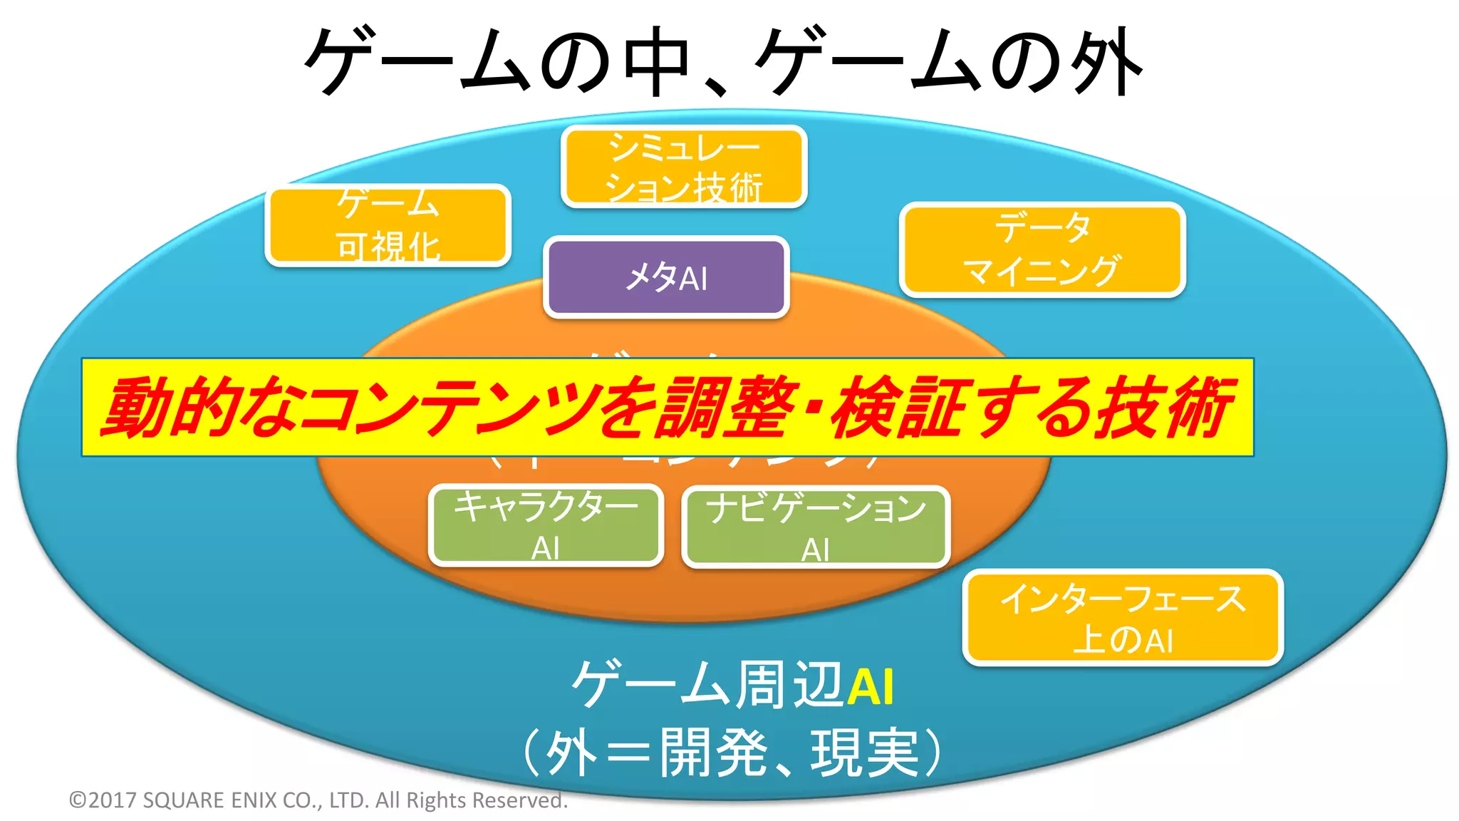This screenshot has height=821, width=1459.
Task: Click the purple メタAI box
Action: [x=666, y=277]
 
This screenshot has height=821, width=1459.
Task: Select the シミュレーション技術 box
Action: [x=684, y=167]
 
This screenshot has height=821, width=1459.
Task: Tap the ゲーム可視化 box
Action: [x=388, y=225]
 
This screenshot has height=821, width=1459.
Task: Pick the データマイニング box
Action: [x=1042, y=249]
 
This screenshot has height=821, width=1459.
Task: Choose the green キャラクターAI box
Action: [x=546, y=526]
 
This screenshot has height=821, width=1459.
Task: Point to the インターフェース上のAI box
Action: [x=1122, y=617]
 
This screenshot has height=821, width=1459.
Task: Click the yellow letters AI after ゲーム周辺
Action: [x=870, y=687]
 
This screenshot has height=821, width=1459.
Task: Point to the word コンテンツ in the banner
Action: [x=449, y=408]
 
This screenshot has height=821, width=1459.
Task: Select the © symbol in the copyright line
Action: [x=77, y=800]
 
